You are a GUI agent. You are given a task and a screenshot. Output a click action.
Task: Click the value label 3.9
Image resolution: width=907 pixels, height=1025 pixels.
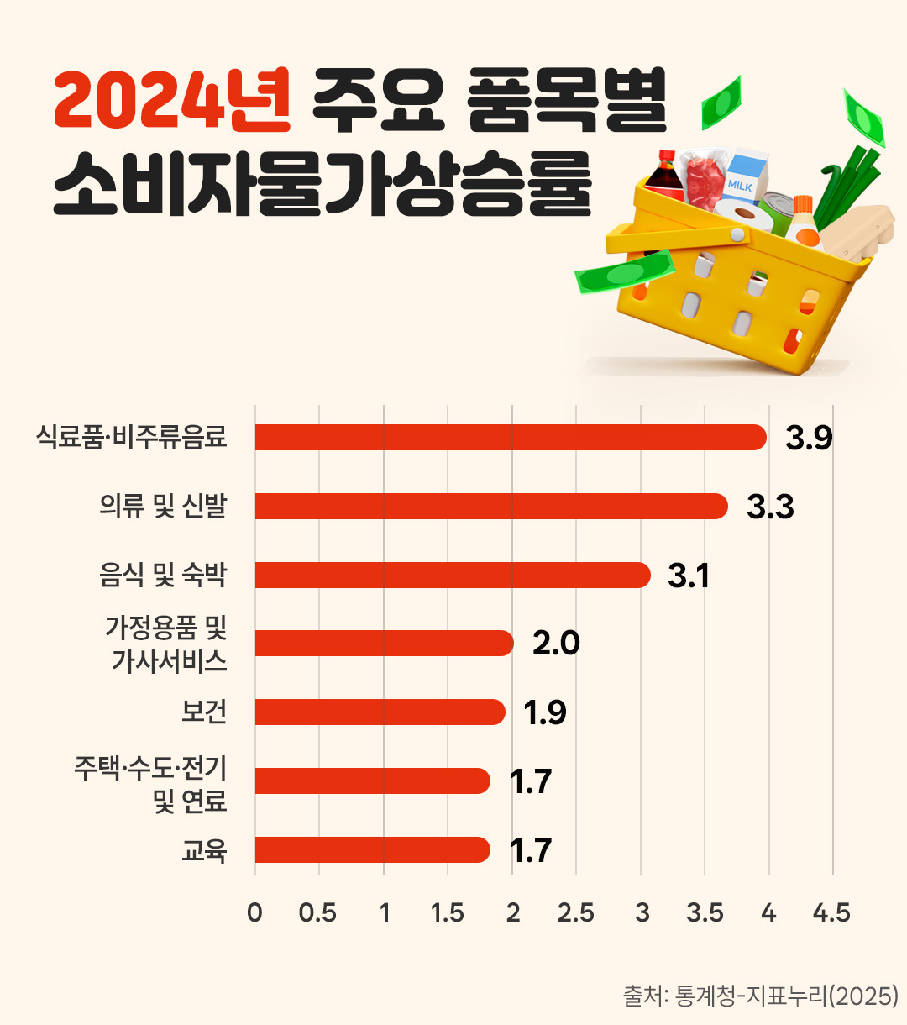(x=809, y=439)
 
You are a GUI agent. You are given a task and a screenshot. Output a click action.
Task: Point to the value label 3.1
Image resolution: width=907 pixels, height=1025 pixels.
(x=689, y=576)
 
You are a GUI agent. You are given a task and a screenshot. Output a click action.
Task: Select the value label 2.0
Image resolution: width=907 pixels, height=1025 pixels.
(x=556, y=644)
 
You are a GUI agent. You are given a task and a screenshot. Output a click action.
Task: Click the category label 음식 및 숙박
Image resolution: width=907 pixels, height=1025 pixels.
(x=163, y=576)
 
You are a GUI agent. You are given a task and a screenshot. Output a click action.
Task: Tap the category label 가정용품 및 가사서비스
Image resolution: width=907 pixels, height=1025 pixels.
(x=166, y=644)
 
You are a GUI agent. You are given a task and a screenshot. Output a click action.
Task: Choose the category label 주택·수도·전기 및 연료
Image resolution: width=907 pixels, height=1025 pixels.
(x=151, y=783)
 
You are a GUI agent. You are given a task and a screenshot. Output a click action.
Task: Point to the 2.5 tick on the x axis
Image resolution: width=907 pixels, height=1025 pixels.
(x=576, y=913)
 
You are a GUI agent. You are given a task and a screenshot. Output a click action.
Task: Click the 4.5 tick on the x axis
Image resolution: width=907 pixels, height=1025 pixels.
(x=831, y=913)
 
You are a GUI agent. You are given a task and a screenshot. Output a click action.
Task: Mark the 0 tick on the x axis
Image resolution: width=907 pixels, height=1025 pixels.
(x=255, y=913)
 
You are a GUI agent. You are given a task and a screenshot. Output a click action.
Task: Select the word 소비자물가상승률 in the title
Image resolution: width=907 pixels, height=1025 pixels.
(x=322, y=185)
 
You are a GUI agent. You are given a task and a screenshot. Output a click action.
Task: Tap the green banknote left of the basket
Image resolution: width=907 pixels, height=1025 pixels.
(x=624, y=272)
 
